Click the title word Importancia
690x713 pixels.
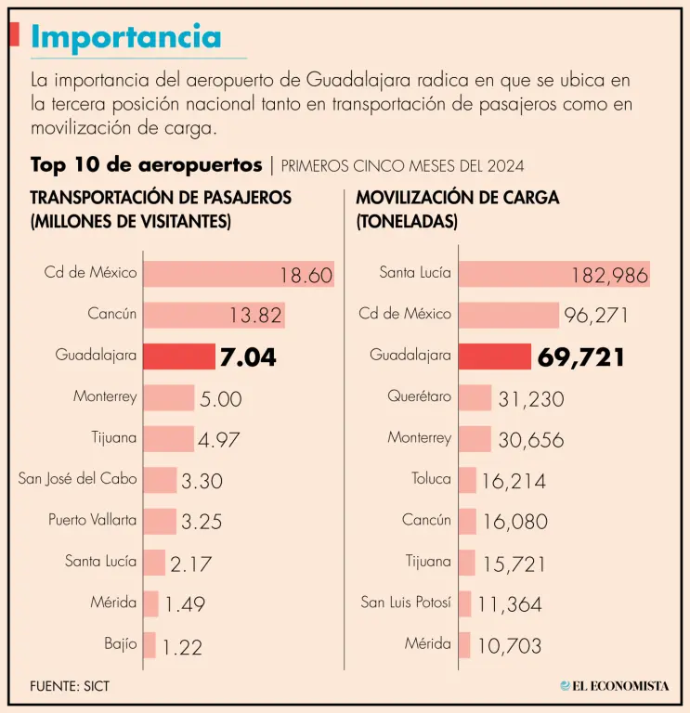pos(126,36)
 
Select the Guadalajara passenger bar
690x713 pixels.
pos(179,356)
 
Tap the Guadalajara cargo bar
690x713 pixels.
pos(495,356)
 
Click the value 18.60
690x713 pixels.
pos(306,276)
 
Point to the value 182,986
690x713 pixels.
pos(609,276)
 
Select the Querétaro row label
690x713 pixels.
pos(419,397)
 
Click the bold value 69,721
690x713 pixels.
pos(580,357)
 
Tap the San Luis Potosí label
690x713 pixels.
pos(406,603)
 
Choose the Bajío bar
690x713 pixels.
pos(149,643)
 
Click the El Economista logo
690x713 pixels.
pos(614,686)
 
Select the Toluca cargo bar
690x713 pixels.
pos(468,480)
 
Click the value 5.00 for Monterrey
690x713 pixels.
pos(220,399)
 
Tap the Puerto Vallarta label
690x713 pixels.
pos(92,521)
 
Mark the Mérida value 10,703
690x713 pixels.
pos(510,645)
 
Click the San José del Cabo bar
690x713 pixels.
pos(160,480)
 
